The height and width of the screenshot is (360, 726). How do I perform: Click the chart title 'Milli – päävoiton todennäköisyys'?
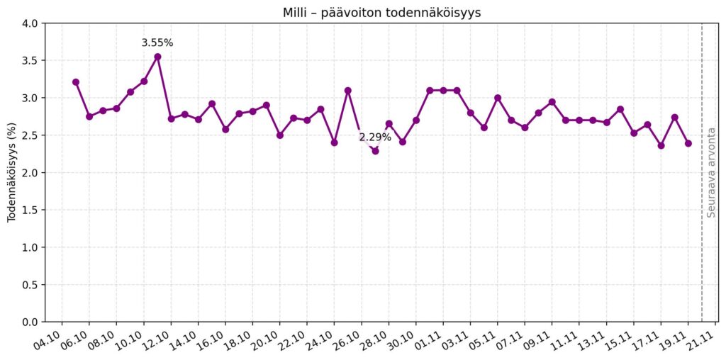[x=381, y=13]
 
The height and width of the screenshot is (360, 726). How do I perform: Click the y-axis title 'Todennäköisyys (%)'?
[x=12, y=172]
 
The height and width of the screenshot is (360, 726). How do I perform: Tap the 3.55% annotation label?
[x=157, y=43]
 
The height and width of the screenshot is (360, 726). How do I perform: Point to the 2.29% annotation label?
[x=375, y=137]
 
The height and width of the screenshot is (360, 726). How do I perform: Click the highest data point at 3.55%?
[x=157, y=57]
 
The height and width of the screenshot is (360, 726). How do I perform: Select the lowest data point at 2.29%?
[x=375, y=151]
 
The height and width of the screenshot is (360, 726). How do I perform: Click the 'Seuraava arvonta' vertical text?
[x=711, y=172]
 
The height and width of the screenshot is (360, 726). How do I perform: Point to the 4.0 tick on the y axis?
[x=29, y=23]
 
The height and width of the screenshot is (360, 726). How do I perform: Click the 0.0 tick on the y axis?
[x=29, y=322]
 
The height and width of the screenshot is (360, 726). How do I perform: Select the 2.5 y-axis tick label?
[x=29, y=135]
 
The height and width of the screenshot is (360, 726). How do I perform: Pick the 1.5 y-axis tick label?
[x=29, y=210]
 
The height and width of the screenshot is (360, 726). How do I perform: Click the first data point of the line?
[x=76, y=82]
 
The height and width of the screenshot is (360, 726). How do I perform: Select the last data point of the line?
[x=688, y=143]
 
